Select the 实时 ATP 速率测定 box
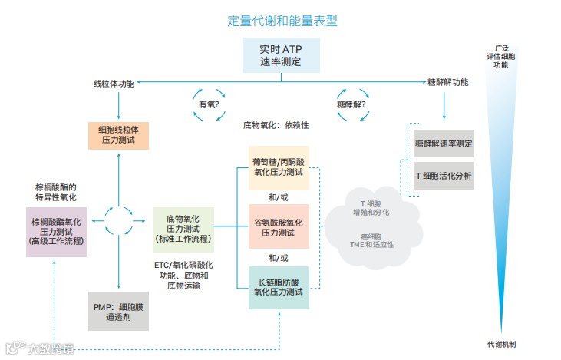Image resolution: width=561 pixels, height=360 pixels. pyautogui.click(x=280, y=55)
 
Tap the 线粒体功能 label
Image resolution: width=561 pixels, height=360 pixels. pyautogui.click(x=114, y=83)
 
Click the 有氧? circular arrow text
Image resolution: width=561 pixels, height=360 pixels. pyautogui.click(x=210, y=104)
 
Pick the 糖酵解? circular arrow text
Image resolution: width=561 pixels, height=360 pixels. pyautogui.click(x=351, y=104)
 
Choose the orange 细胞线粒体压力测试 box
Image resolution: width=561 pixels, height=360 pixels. pyautogui.click(x=119, y=134)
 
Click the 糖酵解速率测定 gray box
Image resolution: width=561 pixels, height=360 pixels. pyautogui.click(x=444, y=144)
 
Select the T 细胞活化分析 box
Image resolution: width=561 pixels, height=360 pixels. pyautogui.click(x=444, y=176)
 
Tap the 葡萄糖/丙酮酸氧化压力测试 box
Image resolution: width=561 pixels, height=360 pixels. pyautogui.click(x=279, y=167)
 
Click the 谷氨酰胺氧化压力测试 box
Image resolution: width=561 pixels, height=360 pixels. pyautogui.click(x=279, y=226)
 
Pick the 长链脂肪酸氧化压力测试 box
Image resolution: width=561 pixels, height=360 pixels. pyautogui.click(x=279, y=286)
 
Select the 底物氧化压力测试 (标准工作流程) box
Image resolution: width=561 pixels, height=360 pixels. pyautogui.click(x=183, y=229)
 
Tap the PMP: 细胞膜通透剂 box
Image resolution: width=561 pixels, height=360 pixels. pyautogui.click(x=118, y=310)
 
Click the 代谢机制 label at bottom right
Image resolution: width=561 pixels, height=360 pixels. pyautogui.click(x=501, y=343)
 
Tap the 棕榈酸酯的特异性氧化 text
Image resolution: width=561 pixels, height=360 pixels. pyautogui.click(x=56, y=192)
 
